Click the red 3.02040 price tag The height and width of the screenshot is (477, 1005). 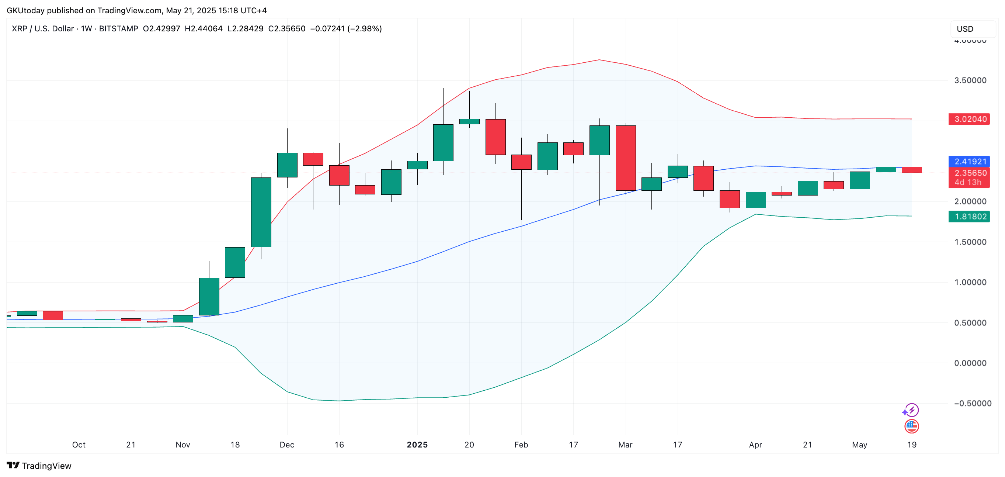969,119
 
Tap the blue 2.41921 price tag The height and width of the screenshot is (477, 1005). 969,161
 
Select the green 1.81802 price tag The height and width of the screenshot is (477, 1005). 969,217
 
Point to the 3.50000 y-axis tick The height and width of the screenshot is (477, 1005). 970,80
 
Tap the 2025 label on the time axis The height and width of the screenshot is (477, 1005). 417,445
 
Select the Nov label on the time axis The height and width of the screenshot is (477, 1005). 182,445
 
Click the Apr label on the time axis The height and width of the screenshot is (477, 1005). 755,445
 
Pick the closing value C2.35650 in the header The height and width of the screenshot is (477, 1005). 287,29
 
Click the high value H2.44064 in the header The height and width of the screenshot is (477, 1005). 204,29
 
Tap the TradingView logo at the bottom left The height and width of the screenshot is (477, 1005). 39,466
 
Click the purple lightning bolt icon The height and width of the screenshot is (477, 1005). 911,410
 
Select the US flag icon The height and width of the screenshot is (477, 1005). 911,426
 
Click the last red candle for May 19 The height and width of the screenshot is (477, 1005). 911,170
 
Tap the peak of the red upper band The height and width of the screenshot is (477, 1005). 599,60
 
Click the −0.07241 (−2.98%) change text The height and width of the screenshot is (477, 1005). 346,29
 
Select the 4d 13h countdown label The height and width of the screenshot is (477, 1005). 968,182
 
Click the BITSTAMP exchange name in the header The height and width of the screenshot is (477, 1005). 118,29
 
